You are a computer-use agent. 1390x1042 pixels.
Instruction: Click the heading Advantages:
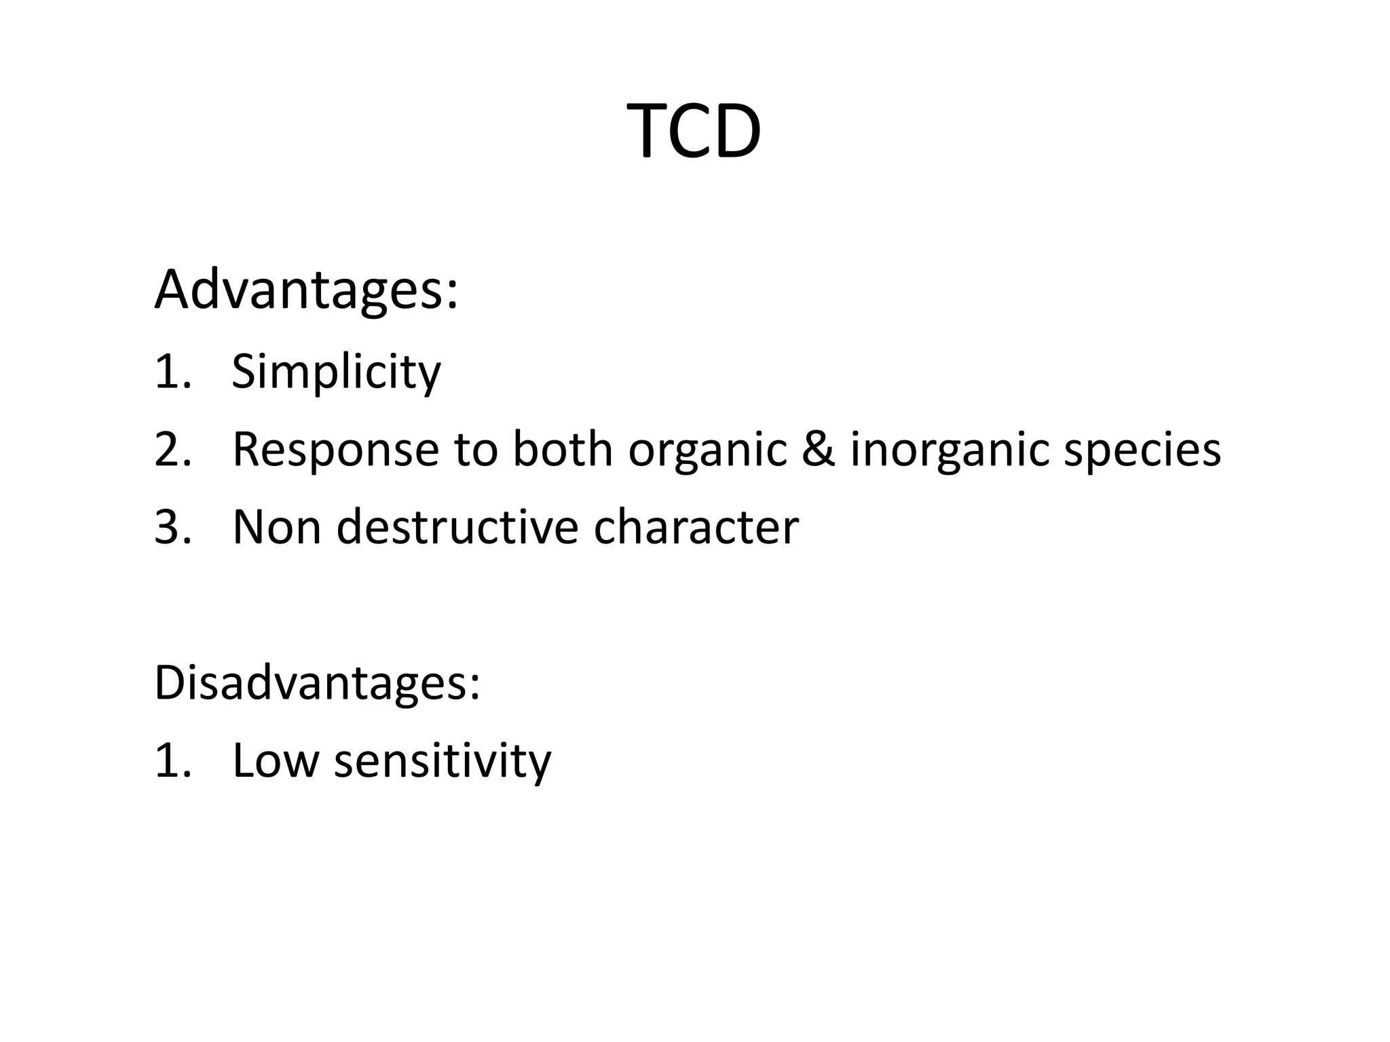pos(306,290)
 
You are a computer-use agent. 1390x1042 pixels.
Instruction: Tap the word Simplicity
pos(336,372)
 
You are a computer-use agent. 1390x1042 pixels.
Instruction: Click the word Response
pos(335,450)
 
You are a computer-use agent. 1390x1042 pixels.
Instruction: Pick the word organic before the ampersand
pos(707,450)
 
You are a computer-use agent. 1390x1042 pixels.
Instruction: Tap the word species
pos(1142,450)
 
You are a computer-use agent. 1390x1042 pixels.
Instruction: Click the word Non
pos(276,527)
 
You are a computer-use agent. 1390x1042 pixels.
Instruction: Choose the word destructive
pos(456,527)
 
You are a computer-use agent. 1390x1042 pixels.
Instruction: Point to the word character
pos(696,527)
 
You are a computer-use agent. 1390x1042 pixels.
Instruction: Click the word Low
pos(275,760)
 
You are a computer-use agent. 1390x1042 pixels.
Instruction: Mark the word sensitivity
pos(443,760)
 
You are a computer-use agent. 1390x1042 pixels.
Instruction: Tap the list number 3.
pos(172,527)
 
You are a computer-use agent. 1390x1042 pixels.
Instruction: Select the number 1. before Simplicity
pos(172,372)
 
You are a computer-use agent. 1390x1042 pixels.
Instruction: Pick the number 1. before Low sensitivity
pos(172,760)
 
